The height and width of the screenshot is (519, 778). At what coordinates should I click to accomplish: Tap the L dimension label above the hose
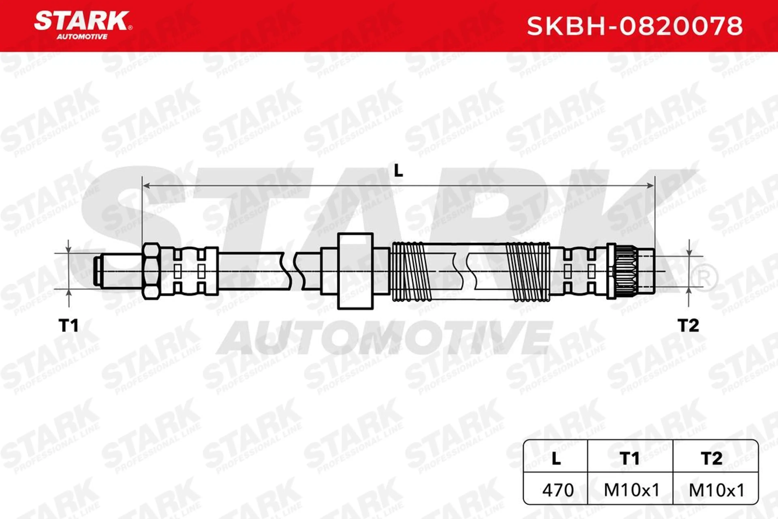pos(399,171)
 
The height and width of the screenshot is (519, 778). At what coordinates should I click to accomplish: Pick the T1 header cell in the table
pos(630,458)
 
